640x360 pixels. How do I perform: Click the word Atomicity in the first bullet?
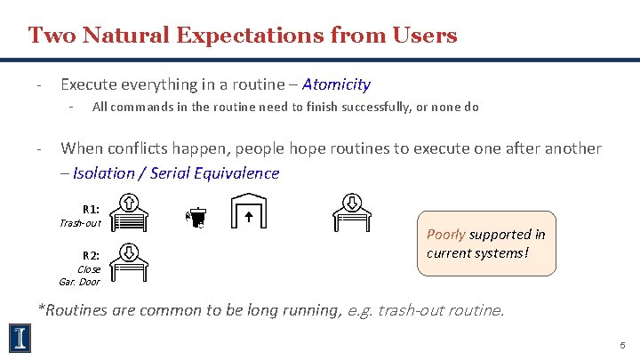[x=336, y=84]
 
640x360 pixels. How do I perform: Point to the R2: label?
[x=91, y=255]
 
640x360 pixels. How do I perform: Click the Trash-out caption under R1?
[x=80, y=223]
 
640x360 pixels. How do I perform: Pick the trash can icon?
[x=195, y=218]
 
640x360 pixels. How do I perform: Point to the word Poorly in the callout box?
[x=445, y=235]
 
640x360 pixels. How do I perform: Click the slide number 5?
[x=621, y=343]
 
